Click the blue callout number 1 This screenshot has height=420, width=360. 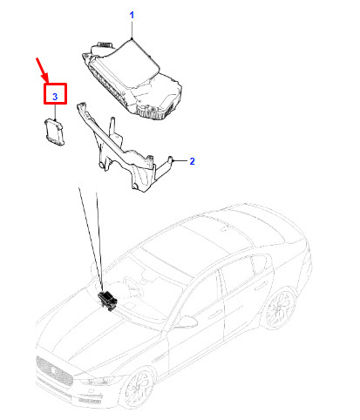tap(132, 15)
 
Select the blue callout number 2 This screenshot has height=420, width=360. tap(192, 161)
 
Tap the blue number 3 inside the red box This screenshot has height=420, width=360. tap(55, 97)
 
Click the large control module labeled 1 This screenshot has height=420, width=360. tap(132, 80)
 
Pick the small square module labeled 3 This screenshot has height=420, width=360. tap(54, 132)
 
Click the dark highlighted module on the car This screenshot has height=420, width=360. tap(107, 300)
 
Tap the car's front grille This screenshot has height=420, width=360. tap(54, 371)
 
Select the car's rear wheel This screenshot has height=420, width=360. tap(280, 308)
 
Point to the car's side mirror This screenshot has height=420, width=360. tap(187, 322)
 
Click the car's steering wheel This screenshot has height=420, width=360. tap(132, 285)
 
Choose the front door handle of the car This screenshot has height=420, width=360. tap(216, 314)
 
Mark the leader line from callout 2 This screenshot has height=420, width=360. tap(180, 160)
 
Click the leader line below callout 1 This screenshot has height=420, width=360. tap(132, 30)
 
